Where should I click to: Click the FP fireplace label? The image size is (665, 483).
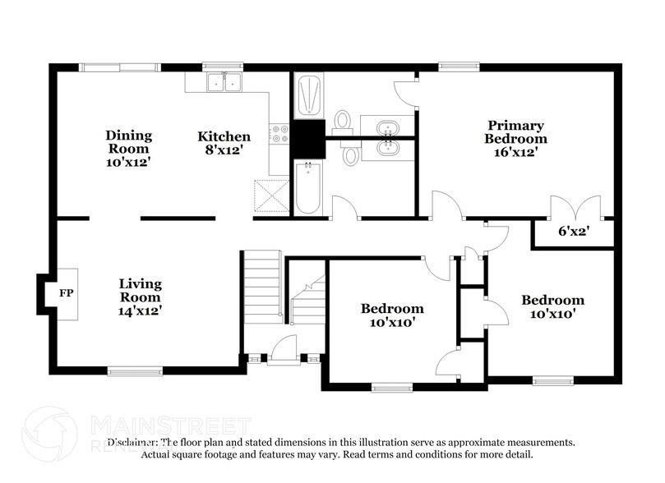[x=67, y=292]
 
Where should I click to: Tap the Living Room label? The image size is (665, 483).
[x=140, y=297]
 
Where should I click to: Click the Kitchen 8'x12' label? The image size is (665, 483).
[x=224, y=142]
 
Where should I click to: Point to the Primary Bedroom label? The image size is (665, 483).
[x=515, y=139]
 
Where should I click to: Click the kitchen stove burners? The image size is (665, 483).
[x=282, y=134]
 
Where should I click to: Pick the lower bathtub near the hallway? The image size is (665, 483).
[x=307, y=187]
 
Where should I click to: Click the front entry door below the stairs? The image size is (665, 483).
[x=284, y=348]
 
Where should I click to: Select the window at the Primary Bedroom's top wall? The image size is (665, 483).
[x=452, y=67]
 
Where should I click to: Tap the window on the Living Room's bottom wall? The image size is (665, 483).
[x=135, y=371]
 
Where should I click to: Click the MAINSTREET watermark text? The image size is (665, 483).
[x=169, y=425]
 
